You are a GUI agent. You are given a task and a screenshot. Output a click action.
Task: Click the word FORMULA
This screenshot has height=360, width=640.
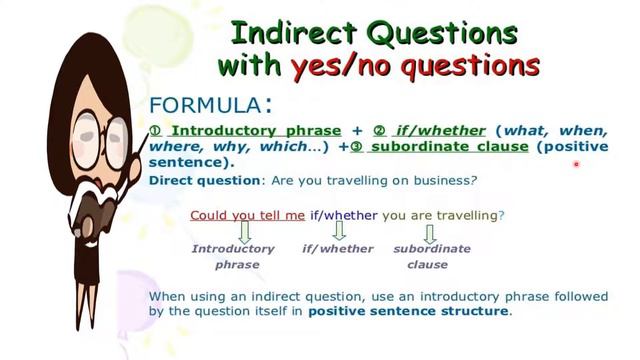tap(204, 104)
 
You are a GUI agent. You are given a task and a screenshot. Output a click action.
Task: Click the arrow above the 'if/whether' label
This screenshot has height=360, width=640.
tap(338, 232)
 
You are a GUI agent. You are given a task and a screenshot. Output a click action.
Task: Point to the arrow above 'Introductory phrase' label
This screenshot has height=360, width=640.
tap(232, 232)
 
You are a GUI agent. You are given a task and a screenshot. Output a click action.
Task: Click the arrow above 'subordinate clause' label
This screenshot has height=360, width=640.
tap(431, 232)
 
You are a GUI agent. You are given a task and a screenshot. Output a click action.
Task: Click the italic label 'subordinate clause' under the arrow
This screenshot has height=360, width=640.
tap(431, 256)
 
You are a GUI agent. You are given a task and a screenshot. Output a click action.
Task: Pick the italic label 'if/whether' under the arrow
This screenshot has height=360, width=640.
tap(338, 249)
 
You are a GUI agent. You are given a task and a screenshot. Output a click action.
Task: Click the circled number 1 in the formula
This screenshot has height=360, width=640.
tap(155, 131)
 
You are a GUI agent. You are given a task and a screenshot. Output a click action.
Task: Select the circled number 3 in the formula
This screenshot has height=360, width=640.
tap(357, 147)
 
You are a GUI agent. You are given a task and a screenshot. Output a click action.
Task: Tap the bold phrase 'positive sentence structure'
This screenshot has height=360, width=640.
tap(408, 311)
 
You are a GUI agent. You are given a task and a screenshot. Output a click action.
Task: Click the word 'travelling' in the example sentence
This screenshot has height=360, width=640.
tap(462, 215)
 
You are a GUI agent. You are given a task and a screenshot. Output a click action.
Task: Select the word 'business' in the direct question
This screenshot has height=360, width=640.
tap(439, 180)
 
